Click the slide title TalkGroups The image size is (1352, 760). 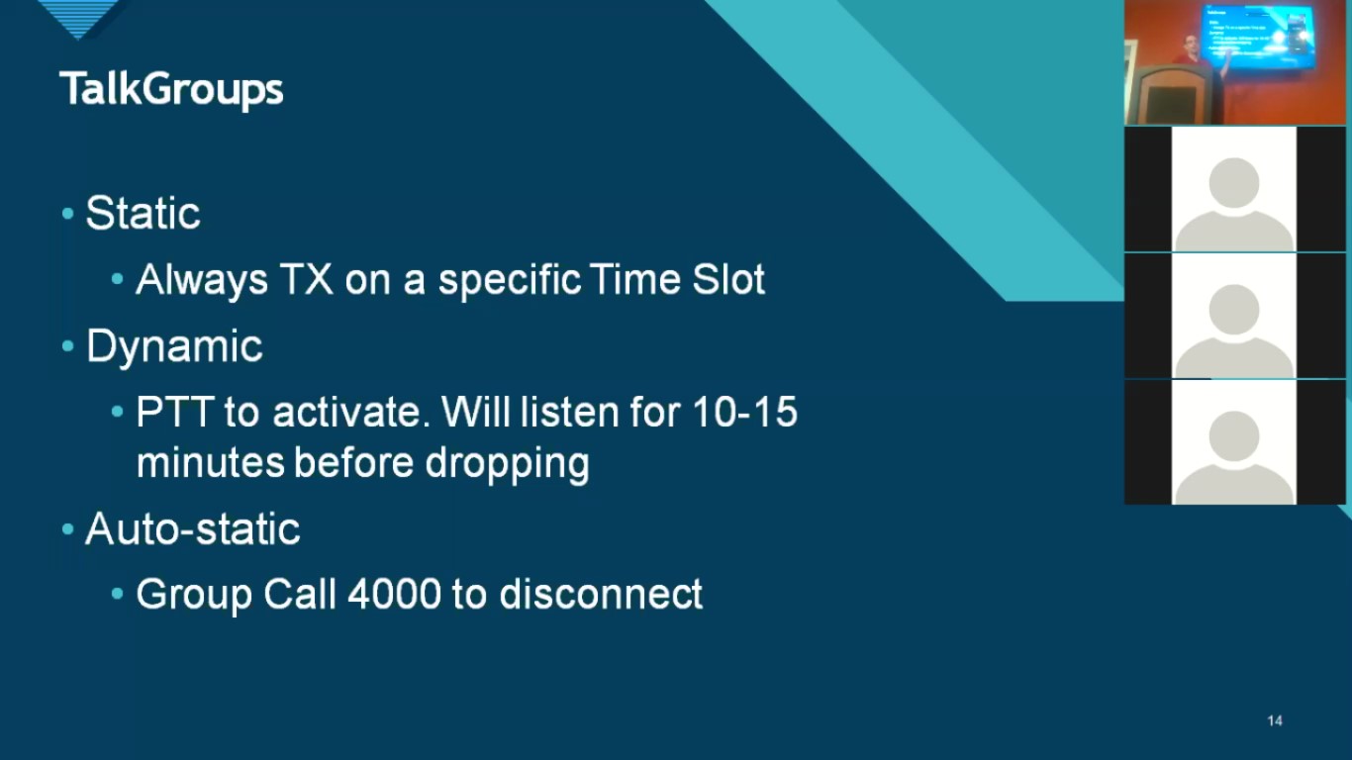click(171, 89)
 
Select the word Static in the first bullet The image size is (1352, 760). click(144, 214)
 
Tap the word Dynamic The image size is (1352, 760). click(174, 346)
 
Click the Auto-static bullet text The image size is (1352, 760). click(193, 528)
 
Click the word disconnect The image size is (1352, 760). click(601, 594)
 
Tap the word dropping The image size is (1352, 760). click(507, 462)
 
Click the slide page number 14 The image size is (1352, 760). click(1275, 720)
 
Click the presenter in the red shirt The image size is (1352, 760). click(1189, 53)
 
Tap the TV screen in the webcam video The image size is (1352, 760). click(1257, 35)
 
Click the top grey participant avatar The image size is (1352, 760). click(1233, 190)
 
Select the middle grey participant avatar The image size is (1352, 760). click(1233, 317)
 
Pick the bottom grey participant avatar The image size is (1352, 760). click(1233, 443)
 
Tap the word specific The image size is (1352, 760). click(510, 280)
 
